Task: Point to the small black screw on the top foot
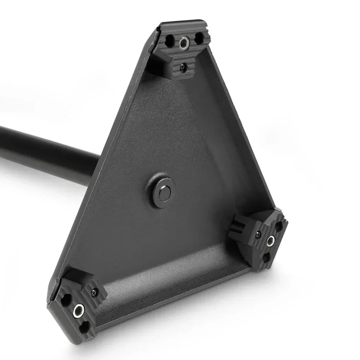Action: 183,66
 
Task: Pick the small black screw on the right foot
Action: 258,235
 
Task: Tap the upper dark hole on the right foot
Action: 279,226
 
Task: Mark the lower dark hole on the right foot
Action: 266,257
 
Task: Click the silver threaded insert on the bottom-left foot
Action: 78,310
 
